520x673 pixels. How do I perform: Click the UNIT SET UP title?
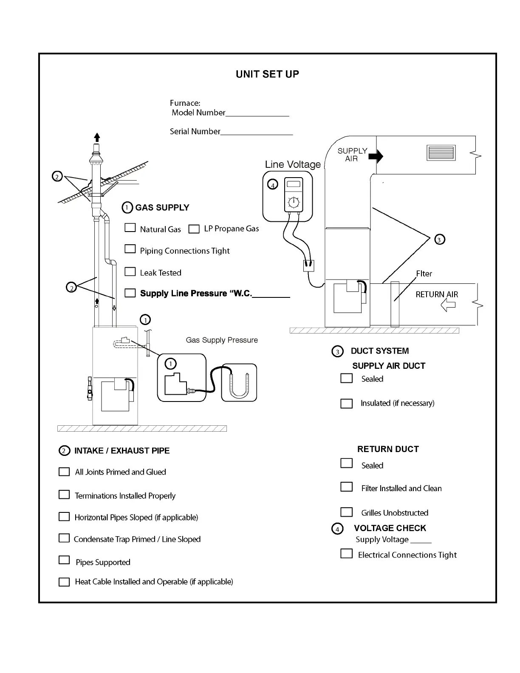[267, 74]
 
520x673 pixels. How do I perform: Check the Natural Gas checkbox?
[130, 228]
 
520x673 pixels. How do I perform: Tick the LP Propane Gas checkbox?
[194, 229]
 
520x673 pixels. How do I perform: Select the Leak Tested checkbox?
[130, 271]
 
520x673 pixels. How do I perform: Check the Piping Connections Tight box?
[130, 249]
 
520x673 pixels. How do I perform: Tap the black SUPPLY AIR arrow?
[376, 156]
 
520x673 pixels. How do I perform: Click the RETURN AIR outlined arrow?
[448, 305]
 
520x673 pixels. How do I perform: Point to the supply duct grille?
[441, 153]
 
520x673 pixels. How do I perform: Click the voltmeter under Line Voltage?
[293, 195]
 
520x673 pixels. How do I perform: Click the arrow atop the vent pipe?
[97, 137]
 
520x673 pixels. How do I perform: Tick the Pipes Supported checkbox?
[64, 560]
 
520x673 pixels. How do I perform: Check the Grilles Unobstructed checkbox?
[347, 512]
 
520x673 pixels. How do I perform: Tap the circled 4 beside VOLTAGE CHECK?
[337, 529]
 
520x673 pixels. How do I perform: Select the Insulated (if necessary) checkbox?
[347, 403]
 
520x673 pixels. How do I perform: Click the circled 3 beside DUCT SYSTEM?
[337, 351]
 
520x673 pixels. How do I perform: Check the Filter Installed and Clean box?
[347, 487]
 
